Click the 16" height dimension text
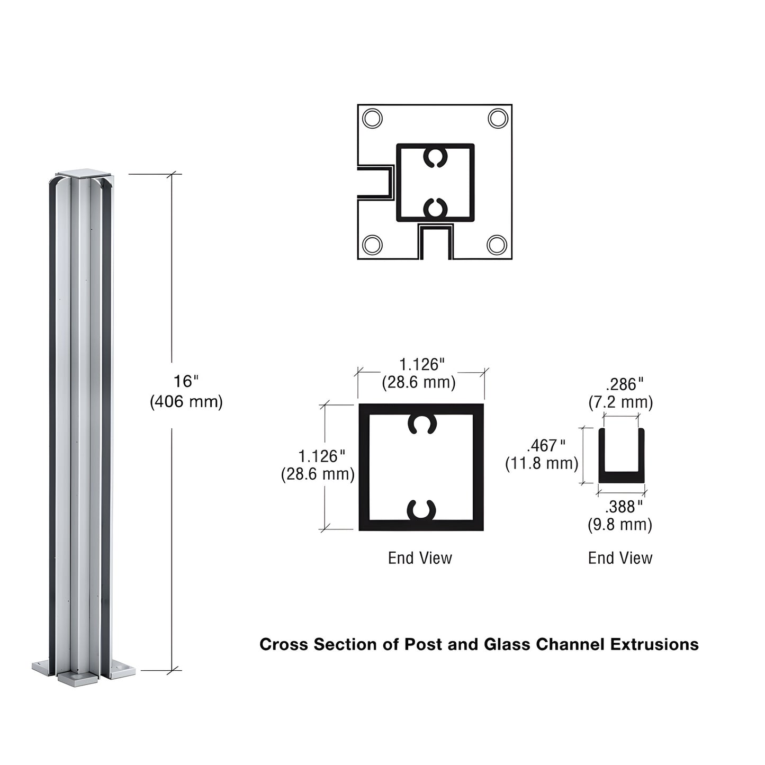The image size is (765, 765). [x=186, y=381]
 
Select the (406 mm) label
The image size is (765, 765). [x=186, y=402]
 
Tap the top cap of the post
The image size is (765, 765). [x=85, y=174]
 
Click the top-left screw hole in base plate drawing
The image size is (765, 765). [x=373, y=118]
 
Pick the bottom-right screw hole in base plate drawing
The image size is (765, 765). [x=497, y=245]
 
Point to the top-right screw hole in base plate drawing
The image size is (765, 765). [x=498, y=118]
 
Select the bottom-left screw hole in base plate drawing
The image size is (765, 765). [x=373, y=245]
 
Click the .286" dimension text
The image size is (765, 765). [x=624, y=384]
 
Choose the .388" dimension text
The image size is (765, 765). [x=624, y=507]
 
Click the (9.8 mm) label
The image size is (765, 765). [x=619, y=525]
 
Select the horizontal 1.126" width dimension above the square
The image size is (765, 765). [x=421, y=364]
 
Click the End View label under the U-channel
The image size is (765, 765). [x=620, y=557]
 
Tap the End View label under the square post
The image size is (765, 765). [x=420, y=557]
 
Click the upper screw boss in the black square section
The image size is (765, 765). [x=421, y=424]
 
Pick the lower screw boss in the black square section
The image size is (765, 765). [x=421, y=510]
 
